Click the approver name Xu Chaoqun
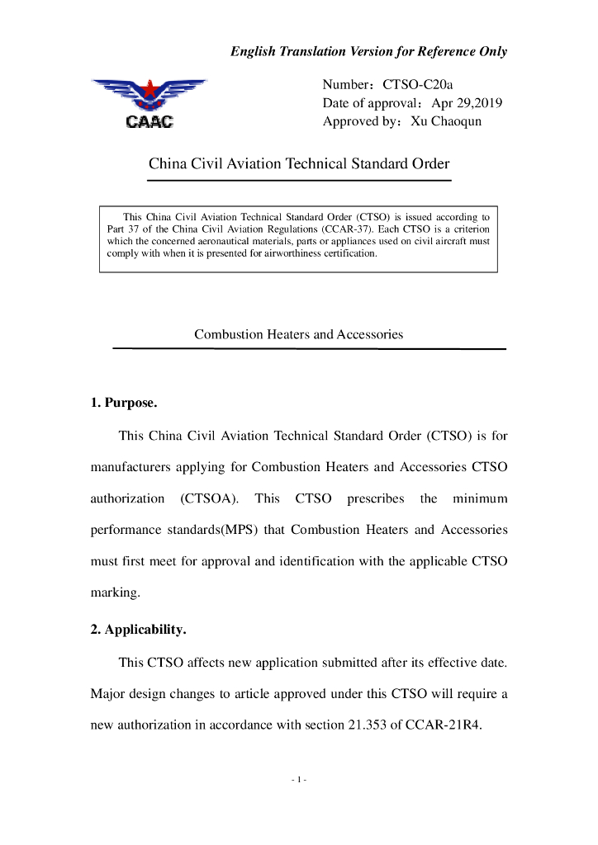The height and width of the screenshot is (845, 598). tap(446, 121)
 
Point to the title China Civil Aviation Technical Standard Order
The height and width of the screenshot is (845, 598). tap(299, 163)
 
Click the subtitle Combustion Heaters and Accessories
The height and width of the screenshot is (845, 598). tap(298, 334)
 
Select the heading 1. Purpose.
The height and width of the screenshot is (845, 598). tap(123, 404)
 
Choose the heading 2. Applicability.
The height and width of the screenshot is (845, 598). tap(138, 630)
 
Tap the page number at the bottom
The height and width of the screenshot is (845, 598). tap(299, 779)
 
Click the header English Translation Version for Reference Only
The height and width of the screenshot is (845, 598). tap(368, 51)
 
